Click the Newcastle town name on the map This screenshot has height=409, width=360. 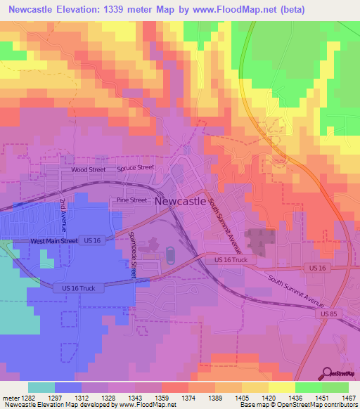[180, 200]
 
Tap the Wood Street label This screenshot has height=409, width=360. [88, 170]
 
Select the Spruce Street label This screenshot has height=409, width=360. [135, 168]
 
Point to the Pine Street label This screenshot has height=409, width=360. [131, 200]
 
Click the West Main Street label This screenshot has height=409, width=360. [53, 241]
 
